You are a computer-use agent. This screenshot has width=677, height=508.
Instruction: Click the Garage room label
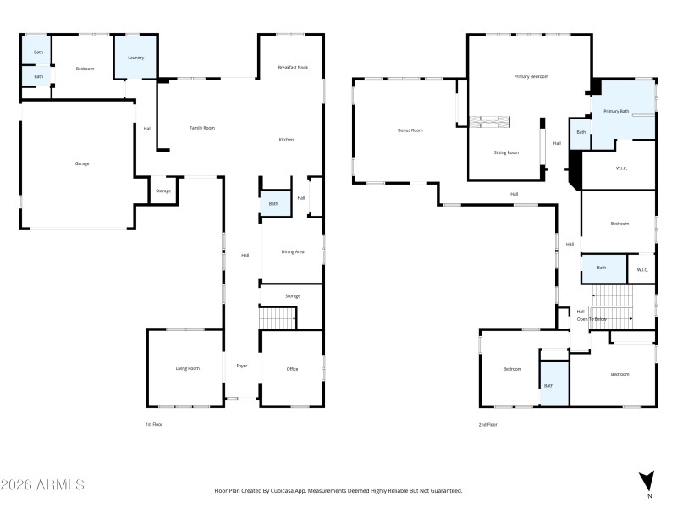tap(82, 163)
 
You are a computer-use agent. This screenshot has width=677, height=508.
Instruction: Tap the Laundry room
tap(135, 58)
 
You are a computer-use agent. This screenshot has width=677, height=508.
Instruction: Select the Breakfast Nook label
tap(292, 69)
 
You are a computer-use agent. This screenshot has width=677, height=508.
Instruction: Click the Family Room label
tap(202, 128)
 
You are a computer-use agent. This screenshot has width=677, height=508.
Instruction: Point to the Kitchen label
tap(287, 139)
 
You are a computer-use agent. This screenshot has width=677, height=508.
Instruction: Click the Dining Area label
tap(293, 251)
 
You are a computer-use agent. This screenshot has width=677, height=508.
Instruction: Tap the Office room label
tap(292, 368)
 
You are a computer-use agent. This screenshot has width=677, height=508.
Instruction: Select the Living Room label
tap(187, 368)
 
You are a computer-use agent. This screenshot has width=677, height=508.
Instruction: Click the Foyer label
tap(241, 366)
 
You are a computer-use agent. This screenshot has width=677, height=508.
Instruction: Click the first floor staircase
tap(277, 318)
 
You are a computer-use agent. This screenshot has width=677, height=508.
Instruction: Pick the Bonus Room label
tap(410, 130)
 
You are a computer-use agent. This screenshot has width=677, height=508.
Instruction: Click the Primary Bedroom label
tap(531, 76)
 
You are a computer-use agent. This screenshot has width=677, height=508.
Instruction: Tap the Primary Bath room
tap(616, 111)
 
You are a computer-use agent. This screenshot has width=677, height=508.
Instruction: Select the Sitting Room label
tap(506, 152)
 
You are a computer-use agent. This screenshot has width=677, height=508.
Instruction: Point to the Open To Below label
tap(592, 319)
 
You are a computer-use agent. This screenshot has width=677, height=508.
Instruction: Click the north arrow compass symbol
tap(647, 480)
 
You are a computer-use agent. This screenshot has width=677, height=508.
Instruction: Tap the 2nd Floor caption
tap(488, 424)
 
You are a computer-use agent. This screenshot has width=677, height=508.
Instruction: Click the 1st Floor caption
tap(153, 424)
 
